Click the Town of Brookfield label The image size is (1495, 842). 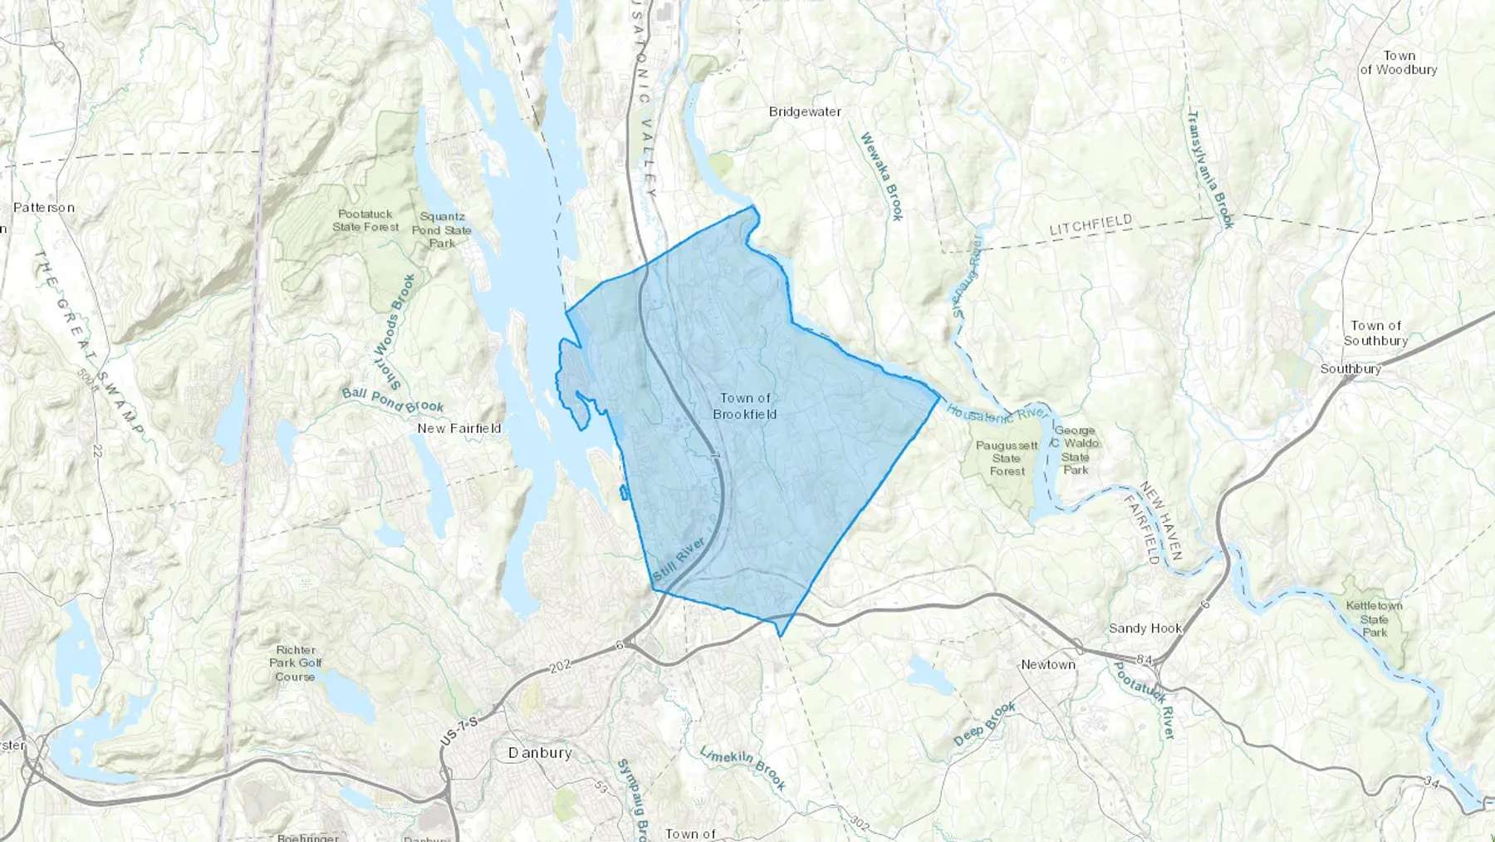745,406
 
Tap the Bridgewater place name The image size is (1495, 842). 804,111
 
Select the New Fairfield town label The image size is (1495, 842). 458,428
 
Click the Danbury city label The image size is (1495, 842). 540,752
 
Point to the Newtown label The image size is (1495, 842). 1047,664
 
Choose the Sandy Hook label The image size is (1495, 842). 1145,628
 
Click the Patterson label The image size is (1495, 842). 43,207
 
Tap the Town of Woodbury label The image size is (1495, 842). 1398,62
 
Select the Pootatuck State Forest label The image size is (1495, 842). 365,220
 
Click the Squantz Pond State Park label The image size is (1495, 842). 442,229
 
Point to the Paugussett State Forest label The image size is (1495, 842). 1007,458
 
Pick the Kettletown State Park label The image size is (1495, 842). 1374,618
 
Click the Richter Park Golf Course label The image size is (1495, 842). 295,662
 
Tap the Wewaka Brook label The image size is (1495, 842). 881,176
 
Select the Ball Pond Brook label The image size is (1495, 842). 393,400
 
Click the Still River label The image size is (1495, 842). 679,559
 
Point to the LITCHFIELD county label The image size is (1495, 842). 1090,224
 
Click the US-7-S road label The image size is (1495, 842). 459,729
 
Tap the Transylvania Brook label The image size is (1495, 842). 1211,169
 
